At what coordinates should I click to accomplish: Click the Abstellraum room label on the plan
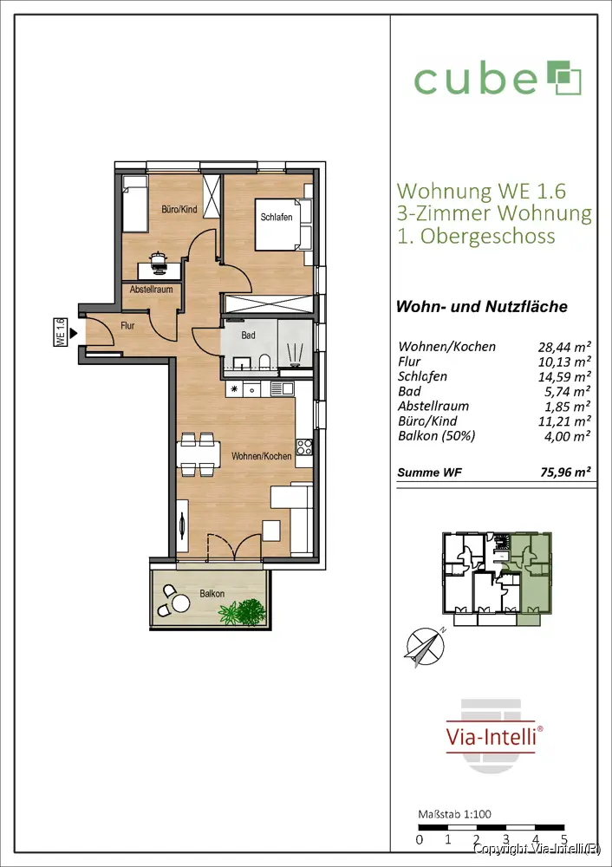click(x=152, y=290)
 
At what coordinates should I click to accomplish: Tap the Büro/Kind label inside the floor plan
click(x=179, y=210)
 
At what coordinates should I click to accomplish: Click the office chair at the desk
click(x=159, y=262)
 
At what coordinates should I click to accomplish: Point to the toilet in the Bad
click(x=264, y=362)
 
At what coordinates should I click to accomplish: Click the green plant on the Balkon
click(x=244, y=612)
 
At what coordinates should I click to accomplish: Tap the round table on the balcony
click(x=181, y=603)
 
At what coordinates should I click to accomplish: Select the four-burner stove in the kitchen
click(x=304, y=447)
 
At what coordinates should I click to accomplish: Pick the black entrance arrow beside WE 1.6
click(x=74, y=334)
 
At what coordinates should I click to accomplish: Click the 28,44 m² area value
click(x=564, y=347)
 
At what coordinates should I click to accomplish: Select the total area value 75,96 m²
click(x=565, y=473)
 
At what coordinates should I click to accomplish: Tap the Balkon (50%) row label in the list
click(x=436, y=436)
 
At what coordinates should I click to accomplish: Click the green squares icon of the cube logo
click(x=564, y=78)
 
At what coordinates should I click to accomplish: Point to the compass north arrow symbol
click(x=425, y=647)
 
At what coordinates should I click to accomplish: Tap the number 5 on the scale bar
click(x=563, y=840)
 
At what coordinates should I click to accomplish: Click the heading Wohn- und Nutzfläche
click(x=482, y=306)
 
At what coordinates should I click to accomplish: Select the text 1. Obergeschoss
click(x=476, y=236)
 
